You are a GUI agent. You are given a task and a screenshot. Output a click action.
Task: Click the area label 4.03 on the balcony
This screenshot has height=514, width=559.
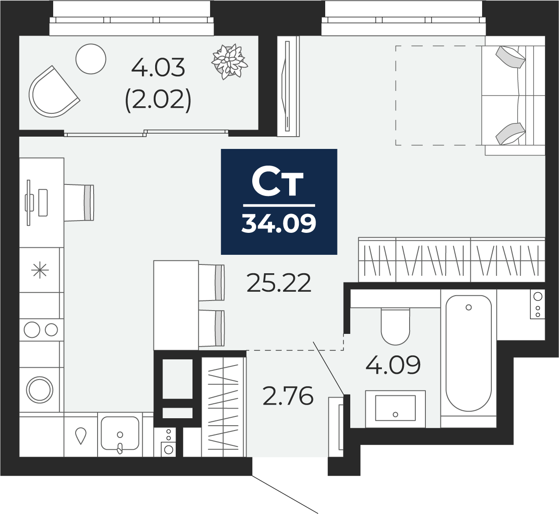pos(158,68)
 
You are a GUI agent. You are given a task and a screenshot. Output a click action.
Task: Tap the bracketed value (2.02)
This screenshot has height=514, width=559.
pos(158,100)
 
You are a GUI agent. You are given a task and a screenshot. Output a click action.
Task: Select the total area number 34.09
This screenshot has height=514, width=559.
pos(279,223)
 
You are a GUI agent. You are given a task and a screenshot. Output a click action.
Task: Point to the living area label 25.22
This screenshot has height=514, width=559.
pos(279,283)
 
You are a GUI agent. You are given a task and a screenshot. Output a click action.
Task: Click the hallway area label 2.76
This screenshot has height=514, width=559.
pos(288,396)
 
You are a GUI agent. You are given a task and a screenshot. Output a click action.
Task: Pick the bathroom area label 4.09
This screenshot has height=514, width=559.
pos(393,365)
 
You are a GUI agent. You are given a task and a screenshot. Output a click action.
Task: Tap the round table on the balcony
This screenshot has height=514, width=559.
pos(91,59)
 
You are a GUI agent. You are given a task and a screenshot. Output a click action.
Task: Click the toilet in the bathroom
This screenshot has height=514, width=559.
pos(396,327)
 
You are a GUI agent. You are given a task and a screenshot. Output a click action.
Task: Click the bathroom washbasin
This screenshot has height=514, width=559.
pos(395,408)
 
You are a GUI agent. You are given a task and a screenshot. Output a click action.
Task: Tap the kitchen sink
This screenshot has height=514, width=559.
pos(120,433)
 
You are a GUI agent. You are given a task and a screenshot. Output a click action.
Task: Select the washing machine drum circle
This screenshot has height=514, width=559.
pos(40,389)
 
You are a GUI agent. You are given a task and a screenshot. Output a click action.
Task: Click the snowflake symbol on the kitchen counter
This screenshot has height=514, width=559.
pos(40,270)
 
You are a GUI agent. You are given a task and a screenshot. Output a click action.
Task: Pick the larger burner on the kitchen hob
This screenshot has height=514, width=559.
pos(32,329)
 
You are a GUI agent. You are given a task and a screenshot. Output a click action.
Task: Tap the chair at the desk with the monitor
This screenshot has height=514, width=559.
pos(80,202)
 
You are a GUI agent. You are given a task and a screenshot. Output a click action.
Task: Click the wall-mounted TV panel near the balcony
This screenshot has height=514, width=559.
pos(288,86)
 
